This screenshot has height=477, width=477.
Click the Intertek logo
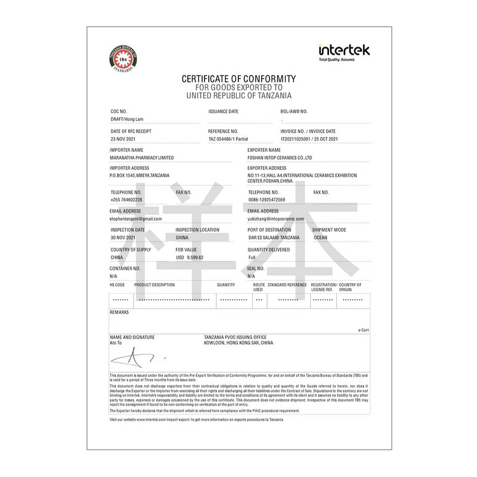(x=344, y=52)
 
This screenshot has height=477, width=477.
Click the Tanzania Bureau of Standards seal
(x=122, y=61)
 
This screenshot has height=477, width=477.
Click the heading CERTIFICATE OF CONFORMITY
(x=239, y=79)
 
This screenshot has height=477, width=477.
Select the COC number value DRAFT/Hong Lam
(x=126, y=118)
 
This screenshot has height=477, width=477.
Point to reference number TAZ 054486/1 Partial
(x=228, y=139)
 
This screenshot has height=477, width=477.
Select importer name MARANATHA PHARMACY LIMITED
(x=141, y=157)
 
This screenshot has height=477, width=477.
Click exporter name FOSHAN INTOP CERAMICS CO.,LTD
(x=279, y=157)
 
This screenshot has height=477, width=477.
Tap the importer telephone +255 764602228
(x=126, y=199)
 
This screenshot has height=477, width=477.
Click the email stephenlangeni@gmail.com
(x=136, y=219)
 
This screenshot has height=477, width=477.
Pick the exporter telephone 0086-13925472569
(x=267, y=199)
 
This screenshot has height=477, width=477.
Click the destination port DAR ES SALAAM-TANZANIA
(x=274, y=237)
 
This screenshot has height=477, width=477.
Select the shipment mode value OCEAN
(x=321, y=237)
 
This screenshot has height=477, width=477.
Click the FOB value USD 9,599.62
(x=190, y=256)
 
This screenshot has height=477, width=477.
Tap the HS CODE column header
(x=117, y=284)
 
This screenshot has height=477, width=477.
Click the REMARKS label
(x=119, y=312)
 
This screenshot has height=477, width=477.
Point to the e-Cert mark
(x=363, y=330)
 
